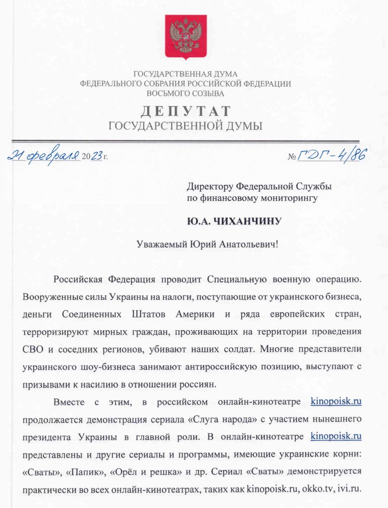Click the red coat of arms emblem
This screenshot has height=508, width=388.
click(x=186, y=36)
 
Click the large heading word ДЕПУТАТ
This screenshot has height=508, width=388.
click(x=186, y=111)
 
